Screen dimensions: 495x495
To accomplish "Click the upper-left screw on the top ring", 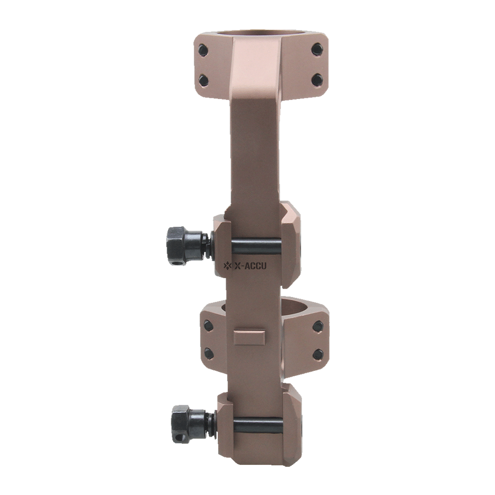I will click(203, 49).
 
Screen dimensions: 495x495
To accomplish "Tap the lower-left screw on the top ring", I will click(203, 79).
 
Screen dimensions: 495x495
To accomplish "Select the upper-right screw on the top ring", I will click(317, 49).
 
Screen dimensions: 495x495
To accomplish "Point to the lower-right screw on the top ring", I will click(317, 79).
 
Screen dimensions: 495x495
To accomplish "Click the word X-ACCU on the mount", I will click(250, 266).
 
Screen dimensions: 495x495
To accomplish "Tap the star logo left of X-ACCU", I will click(228, 266).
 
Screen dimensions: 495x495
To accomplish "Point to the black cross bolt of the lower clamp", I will click(257, 423).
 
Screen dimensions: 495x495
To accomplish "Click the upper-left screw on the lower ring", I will click(208, 326).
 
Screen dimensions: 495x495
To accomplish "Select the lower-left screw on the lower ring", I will click(209, 353).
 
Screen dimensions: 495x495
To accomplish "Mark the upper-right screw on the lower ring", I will click(318, 326).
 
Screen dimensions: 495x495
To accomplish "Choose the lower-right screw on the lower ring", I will click(318, 354).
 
